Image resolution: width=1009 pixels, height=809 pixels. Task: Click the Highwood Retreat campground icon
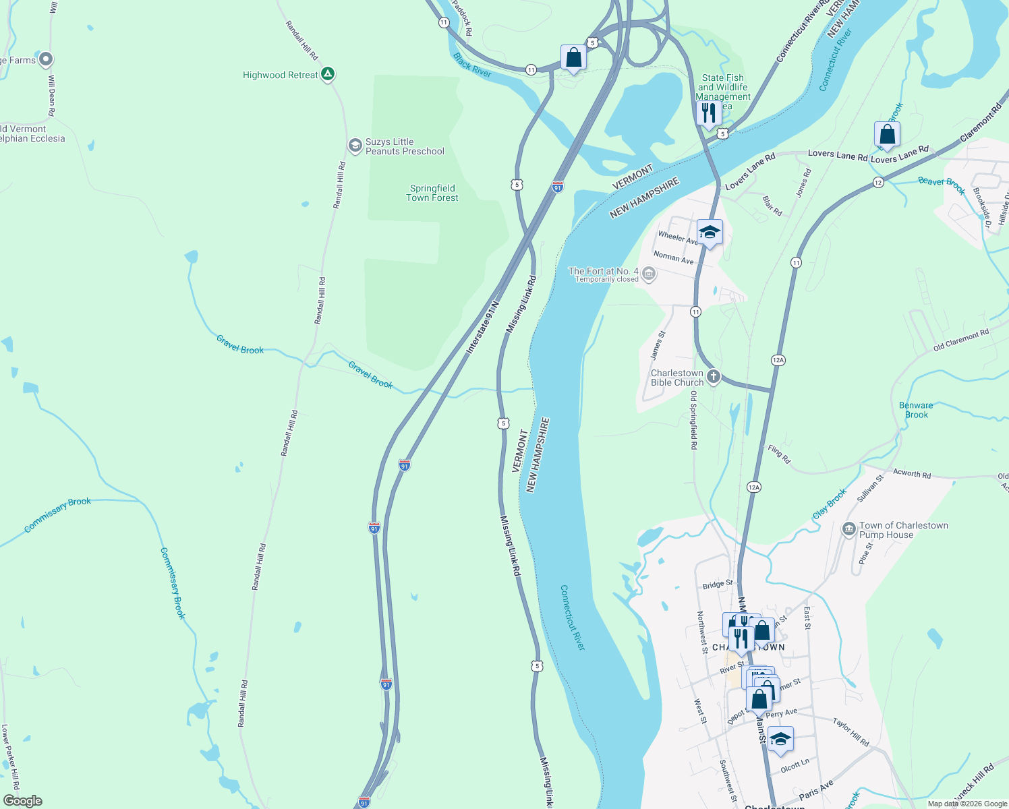click(328, 74)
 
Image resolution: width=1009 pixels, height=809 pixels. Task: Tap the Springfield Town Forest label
click(432, 193)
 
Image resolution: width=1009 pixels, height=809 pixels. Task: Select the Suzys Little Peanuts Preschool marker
click(355, 146)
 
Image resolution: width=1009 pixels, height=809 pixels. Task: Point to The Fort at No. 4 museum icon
click(649, 273)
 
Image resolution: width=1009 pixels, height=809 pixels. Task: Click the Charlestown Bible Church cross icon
click(714, 377)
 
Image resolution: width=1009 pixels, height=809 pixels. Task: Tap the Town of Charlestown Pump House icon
click(849, 529)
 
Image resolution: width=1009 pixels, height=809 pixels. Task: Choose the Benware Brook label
click(916, 410)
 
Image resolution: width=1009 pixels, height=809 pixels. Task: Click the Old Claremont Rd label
click(961, 340)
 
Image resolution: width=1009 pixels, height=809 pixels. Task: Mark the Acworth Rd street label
click(911, 474)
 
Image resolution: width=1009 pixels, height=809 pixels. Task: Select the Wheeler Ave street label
click(677, 237)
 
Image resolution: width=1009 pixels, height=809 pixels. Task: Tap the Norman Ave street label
click(673, 258)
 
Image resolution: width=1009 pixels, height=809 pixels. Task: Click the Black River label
click(473, 65)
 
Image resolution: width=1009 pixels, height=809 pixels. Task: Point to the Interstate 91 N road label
click(483, 327)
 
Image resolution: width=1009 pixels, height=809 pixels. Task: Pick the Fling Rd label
click(779, 454)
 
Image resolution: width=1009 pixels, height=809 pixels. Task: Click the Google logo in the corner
click(22, 801)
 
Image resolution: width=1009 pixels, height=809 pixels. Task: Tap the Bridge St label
click(717, 585)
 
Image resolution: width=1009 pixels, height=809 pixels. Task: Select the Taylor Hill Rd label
click(851, 732)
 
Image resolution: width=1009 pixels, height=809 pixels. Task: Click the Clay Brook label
click(830, 504)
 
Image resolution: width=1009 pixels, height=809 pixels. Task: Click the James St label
click(657, 344)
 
